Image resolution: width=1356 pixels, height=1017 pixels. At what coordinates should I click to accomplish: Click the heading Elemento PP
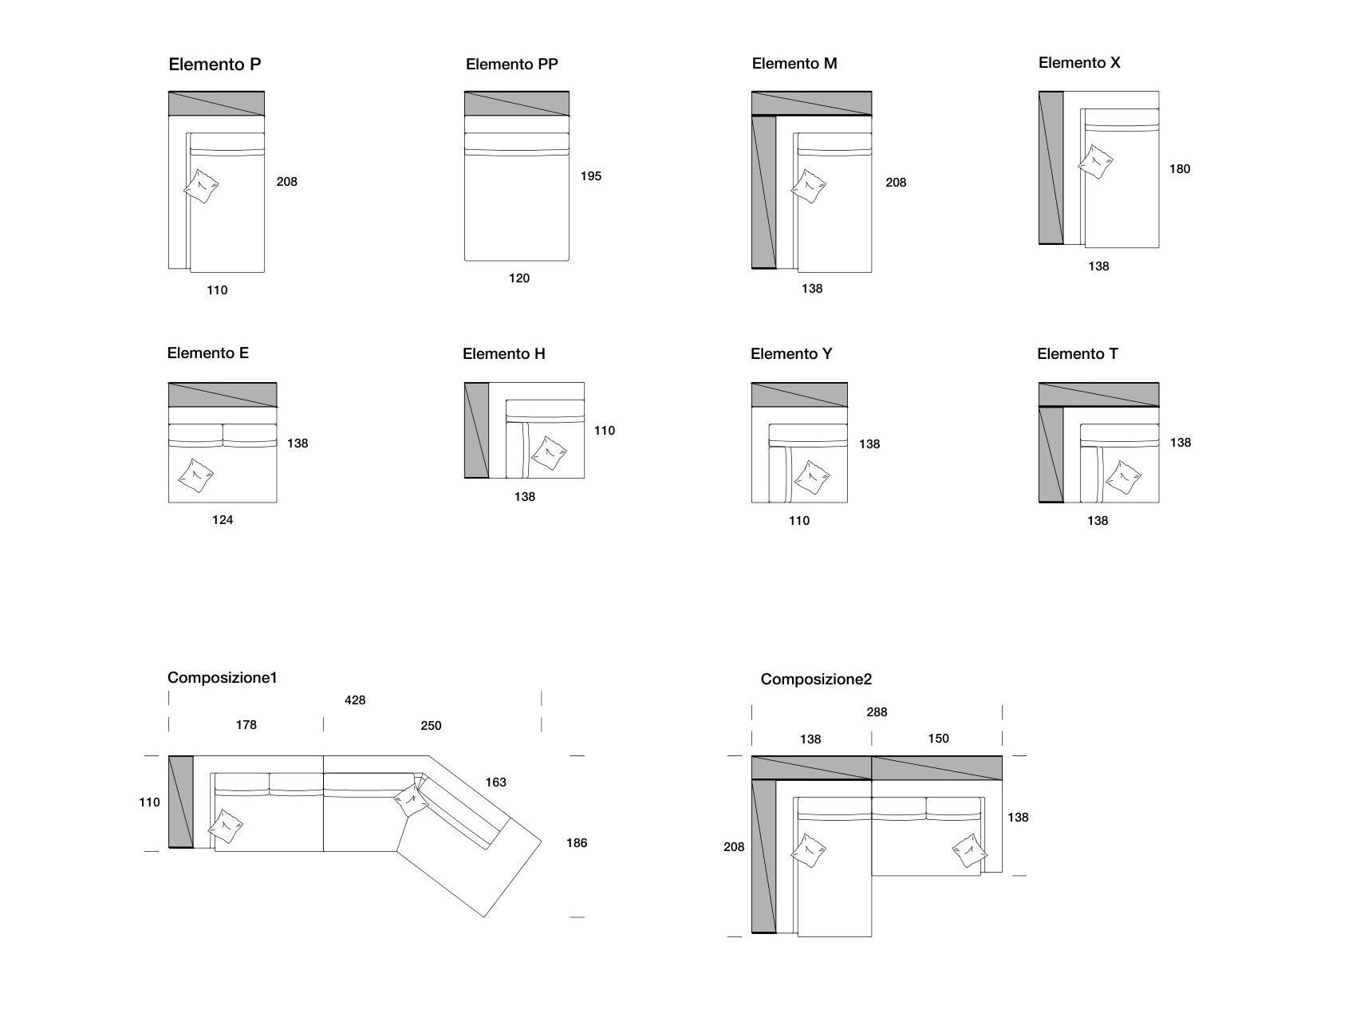(512, 64)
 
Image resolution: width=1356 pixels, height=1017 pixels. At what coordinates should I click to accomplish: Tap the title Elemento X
(1079, 63)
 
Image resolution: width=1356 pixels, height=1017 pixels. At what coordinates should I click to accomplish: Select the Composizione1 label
(222, 678)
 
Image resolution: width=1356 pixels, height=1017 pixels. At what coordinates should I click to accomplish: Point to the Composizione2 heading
(816, 680)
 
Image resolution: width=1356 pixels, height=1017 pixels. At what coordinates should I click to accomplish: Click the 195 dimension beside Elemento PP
(590, 176)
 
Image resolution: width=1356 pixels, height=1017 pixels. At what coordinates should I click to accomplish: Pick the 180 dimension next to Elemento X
(1179, 169)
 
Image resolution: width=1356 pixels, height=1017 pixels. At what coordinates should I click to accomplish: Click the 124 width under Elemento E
(223, 520)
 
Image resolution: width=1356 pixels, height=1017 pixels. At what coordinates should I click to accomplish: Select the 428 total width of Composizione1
(355, 700)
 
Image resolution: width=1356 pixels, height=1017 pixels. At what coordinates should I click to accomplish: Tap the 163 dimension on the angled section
(495, 782)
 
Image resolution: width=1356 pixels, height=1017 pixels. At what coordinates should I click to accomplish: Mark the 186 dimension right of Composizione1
(576, 843)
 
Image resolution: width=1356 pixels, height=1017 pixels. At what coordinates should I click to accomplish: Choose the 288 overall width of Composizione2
(877, 712)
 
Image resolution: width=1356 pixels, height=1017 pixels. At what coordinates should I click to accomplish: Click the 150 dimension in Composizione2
(938, 739)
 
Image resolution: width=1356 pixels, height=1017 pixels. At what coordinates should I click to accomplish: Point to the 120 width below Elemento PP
(519, 278)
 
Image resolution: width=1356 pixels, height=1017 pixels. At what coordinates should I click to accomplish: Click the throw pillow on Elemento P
(201, 187)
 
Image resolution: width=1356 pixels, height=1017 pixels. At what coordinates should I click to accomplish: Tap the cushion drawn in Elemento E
(195, 475)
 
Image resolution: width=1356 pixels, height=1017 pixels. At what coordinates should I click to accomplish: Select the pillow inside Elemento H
(549, 453)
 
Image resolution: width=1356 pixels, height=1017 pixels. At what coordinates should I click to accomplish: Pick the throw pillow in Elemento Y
(811, 478)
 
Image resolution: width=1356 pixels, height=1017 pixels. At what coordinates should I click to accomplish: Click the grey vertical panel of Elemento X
(1051, 168)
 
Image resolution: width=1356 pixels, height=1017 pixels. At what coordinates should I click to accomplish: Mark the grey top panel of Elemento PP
(517, 104)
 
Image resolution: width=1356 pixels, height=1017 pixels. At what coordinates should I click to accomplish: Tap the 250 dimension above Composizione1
(431, 726)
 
